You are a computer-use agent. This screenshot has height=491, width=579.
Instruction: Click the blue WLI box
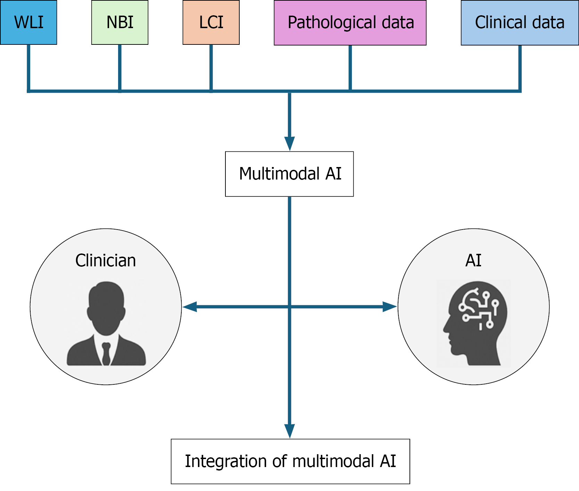[28, 22]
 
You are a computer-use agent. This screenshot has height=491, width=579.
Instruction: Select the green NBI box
[120, 22]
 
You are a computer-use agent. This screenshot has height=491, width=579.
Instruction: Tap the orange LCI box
[211, 22]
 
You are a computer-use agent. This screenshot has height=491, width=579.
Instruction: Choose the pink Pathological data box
[350, 23]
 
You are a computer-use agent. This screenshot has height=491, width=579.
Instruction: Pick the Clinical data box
[520, 23]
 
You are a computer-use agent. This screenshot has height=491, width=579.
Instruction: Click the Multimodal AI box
[289, 174]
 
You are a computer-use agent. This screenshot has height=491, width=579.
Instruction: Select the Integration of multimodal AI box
[290, 461]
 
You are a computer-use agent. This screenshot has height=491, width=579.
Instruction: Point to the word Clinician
[106, 260]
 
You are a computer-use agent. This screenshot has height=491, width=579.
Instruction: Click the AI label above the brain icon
[473, 260]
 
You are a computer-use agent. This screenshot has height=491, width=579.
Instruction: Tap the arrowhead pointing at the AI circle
[389, 307]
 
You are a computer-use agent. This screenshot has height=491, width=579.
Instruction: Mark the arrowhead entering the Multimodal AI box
[289, 143]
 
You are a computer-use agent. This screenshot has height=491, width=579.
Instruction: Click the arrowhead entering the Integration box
[289, 431]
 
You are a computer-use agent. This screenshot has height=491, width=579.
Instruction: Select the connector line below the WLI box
[28, 68]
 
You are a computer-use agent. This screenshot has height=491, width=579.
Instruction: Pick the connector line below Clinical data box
[520, 68]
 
